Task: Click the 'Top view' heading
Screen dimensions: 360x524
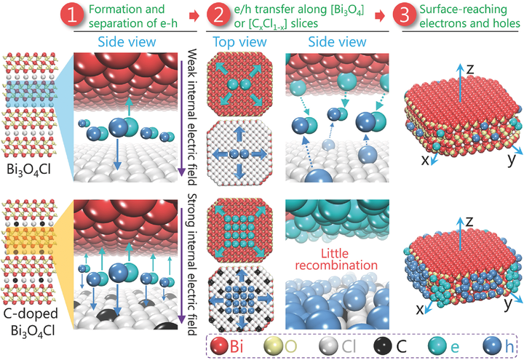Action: point(234,42)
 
